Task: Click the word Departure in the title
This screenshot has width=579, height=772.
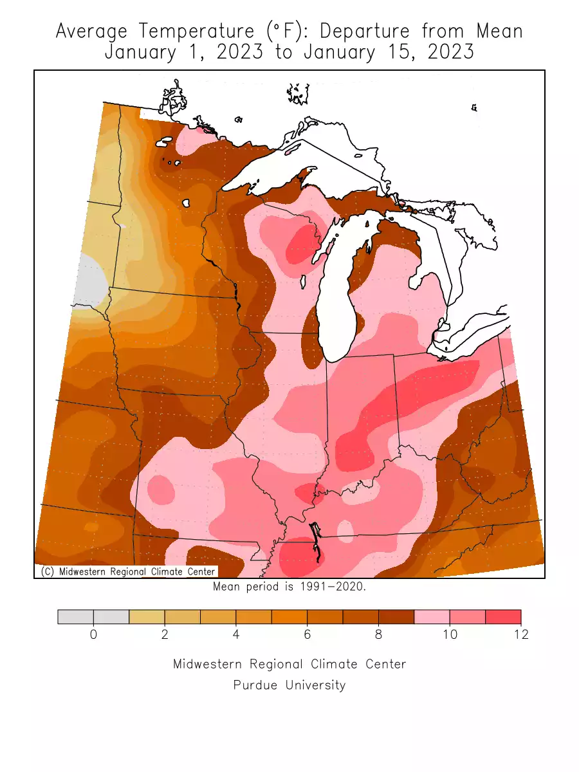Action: point(363,31)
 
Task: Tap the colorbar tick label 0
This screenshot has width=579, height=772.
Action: point(93,635)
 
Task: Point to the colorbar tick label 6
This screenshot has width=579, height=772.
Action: point(307,635)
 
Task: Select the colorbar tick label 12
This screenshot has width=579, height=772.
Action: point(520,635)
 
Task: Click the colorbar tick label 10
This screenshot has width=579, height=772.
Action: point(450,635)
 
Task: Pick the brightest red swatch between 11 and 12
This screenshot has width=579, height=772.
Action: point(502,617)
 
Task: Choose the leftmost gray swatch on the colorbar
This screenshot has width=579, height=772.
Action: point(75,617)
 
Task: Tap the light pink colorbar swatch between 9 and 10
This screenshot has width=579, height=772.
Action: point(432,617)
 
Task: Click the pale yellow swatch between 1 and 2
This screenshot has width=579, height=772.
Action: point(147,617)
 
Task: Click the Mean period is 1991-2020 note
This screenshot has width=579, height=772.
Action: point(289,587)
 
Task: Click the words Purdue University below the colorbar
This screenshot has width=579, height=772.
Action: point(289,685)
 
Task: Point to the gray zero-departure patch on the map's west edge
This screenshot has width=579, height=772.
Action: point(89,279)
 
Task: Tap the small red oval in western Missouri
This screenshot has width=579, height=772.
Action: point(161,490)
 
